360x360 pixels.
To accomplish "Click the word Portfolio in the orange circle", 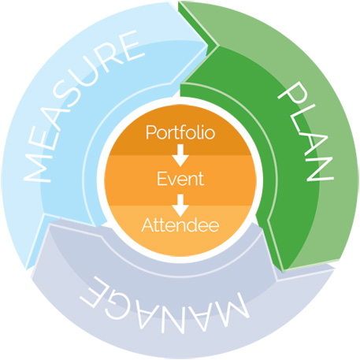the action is pyautogui.click(x=180, y=132).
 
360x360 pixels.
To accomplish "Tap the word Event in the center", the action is pyautogui.click(x=180, y=179).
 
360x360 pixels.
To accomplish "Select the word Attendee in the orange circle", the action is pyautogui.click(x=180, y=225).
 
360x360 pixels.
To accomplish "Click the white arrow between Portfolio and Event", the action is pyautogui.click(x=180, y=155).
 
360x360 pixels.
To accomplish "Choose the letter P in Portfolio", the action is pyautogui.click(x=150, y=132).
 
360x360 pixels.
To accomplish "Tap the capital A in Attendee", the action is pyautogui.click(x=147, y=225).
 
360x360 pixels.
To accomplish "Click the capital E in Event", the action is pyautogui.click(x=161, y=179).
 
